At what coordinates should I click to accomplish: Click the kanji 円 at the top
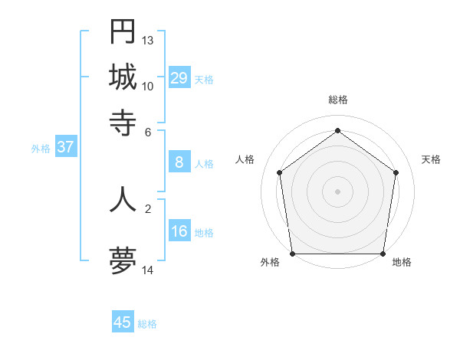pos(123,32)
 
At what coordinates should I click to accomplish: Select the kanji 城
pos(123,77)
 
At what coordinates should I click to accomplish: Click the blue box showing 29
pos(179,77)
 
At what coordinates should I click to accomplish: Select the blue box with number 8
pos(179,162)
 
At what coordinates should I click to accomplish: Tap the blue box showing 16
pos(179,231)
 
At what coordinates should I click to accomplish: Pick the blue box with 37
pos(65,147)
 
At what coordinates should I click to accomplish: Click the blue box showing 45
pos(123,322)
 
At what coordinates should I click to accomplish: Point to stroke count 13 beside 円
pos(148,40)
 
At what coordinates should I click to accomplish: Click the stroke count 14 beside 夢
pos(148,270)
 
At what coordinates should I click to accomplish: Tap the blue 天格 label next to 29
pos(204,79)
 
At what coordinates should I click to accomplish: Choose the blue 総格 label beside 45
pos(147,324)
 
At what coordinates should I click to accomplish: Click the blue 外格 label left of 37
pos(41,149)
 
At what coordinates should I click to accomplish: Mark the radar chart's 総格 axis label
pos(338,100)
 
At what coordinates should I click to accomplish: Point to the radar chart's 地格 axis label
pos(402,263)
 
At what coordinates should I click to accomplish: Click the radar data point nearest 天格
pos(396,172)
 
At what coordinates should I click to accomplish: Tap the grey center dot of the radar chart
pos(338,191)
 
